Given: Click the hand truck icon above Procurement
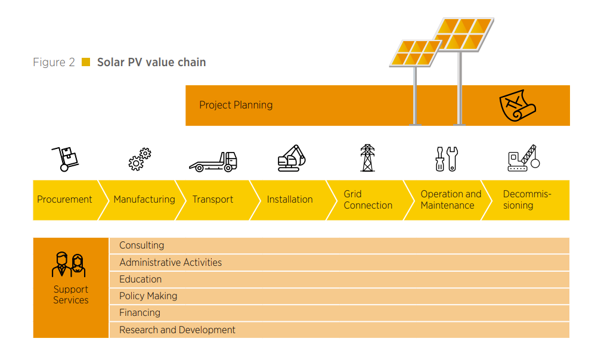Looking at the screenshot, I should click(x=66, y=159).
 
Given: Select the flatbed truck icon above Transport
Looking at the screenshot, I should click(x=213, y=161).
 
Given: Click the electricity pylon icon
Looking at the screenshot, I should click(x=367, y=158).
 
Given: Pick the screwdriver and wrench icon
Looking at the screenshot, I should click(x=446, y=159).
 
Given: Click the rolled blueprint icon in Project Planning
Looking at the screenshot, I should click(x=517, y=105).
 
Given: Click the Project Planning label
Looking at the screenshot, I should click(x=236, y=105).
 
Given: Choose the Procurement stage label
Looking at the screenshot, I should click(x=64, y=200).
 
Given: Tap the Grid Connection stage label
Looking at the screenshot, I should click(x=368, y=200).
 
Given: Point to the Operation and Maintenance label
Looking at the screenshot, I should click(x=450, y=200).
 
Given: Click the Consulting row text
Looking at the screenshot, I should click(x=141, y=245).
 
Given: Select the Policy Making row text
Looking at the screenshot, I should click(x=148, y=296).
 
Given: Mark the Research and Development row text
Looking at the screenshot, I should click(x=177, y=330).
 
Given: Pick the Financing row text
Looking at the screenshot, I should click(x=140, y=313).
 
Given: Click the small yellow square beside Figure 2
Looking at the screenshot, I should click(x=86, y=62).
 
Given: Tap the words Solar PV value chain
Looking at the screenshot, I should click(x=151, y=62).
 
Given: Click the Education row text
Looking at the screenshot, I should click(x=140, y=280).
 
